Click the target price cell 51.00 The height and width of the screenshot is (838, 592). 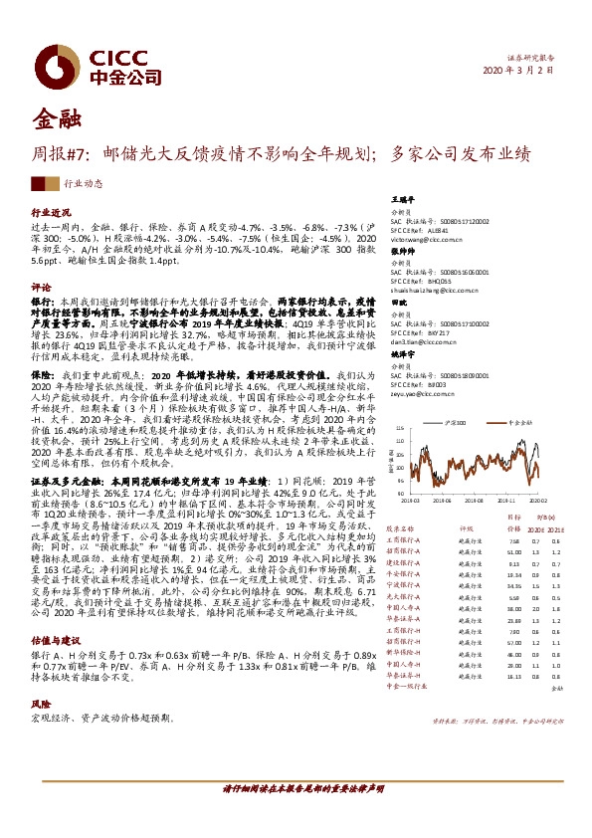(x=486, y=551)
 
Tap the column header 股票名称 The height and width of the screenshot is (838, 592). (x=400, y=530)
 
